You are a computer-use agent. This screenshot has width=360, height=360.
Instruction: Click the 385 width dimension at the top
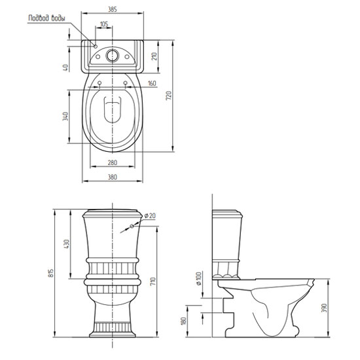coord(113,9)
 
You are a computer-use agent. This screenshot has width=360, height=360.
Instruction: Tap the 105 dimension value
coord(104,24)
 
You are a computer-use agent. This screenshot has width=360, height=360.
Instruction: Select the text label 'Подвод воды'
coord(46,18)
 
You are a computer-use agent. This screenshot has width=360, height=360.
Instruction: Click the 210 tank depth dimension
coord(154,56)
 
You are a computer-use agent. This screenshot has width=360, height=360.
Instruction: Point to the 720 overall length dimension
coord(169,96)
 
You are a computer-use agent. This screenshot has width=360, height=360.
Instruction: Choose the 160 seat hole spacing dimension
coord(152,83)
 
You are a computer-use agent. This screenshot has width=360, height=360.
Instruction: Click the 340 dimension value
coord(65,116)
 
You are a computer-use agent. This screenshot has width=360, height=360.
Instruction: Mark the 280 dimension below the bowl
coord(113,162)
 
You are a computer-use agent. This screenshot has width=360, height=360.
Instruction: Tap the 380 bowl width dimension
coord(113,177)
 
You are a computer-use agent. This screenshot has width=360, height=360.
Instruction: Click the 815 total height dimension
coord(51,273)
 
